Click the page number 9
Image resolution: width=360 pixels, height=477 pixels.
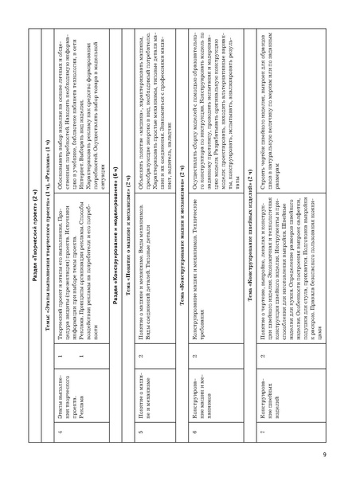pos(347,454)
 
